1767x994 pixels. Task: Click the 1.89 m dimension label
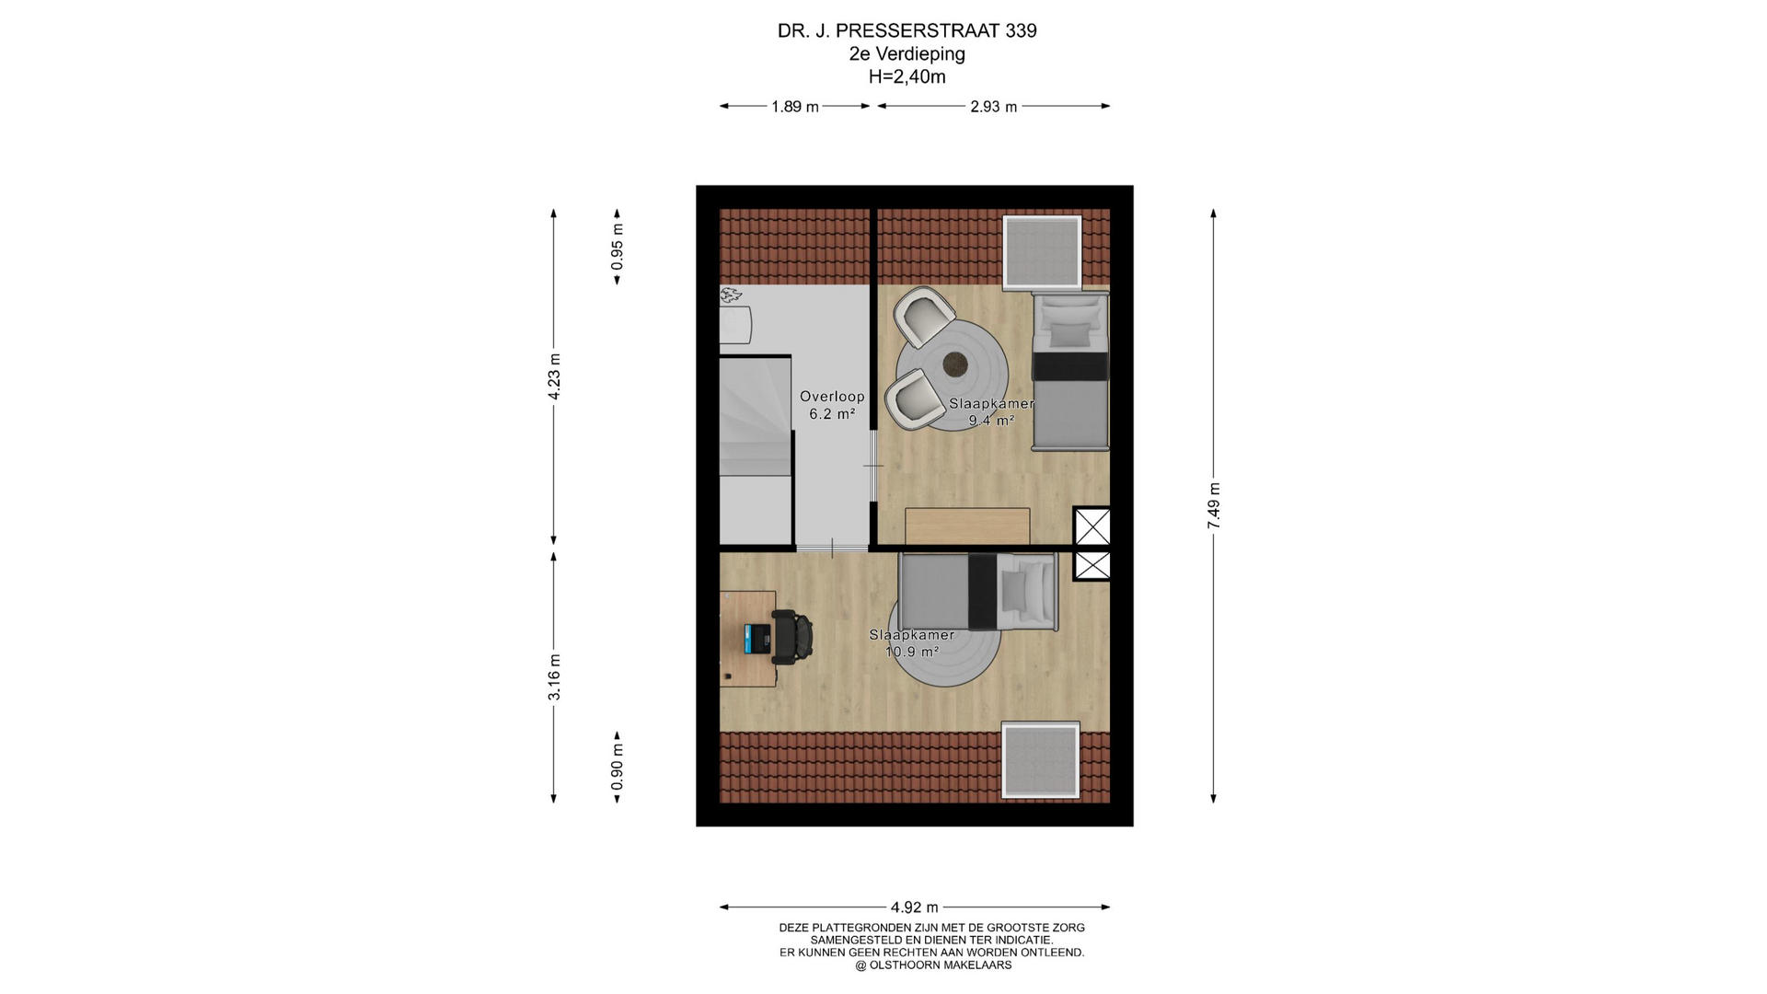[795, 107]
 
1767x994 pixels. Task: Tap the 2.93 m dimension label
[994, 107]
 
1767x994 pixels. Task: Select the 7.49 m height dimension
[1214, 506]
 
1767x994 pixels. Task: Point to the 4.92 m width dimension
[915, 907]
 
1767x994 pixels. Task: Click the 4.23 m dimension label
[554, 376]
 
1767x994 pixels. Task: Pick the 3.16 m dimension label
[554, 677]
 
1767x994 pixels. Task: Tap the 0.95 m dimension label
[618, 248]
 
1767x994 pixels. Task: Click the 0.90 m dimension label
[618, 767]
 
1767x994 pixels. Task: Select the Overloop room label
[832, 397]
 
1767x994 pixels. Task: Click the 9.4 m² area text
[991, 421]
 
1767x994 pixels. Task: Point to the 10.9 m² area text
[912, 652]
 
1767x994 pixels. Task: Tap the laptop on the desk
[757, 638]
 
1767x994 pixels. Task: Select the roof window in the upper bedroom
[1042, 252]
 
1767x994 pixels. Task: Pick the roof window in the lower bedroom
[1040, 760]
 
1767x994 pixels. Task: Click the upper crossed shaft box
[1092, 527]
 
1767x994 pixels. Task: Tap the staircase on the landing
[756, 450]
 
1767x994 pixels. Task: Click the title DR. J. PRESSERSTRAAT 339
[907, 30]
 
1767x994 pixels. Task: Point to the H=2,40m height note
[907, 77]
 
